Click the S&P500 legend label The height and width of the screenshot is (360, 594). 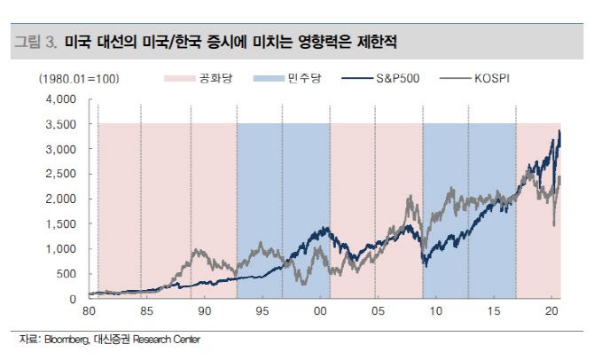[400, 79]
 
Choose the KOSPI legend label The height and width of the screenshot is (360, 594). [488, 79]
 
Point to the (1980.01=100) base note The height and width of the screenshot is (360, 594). [79, 79]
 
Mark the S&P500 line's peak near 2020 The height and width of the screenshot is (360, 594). [559, 131]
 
